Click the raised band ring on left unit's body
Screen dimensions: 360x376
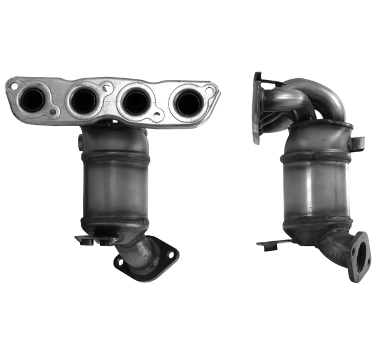click(x=115, y=159)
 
